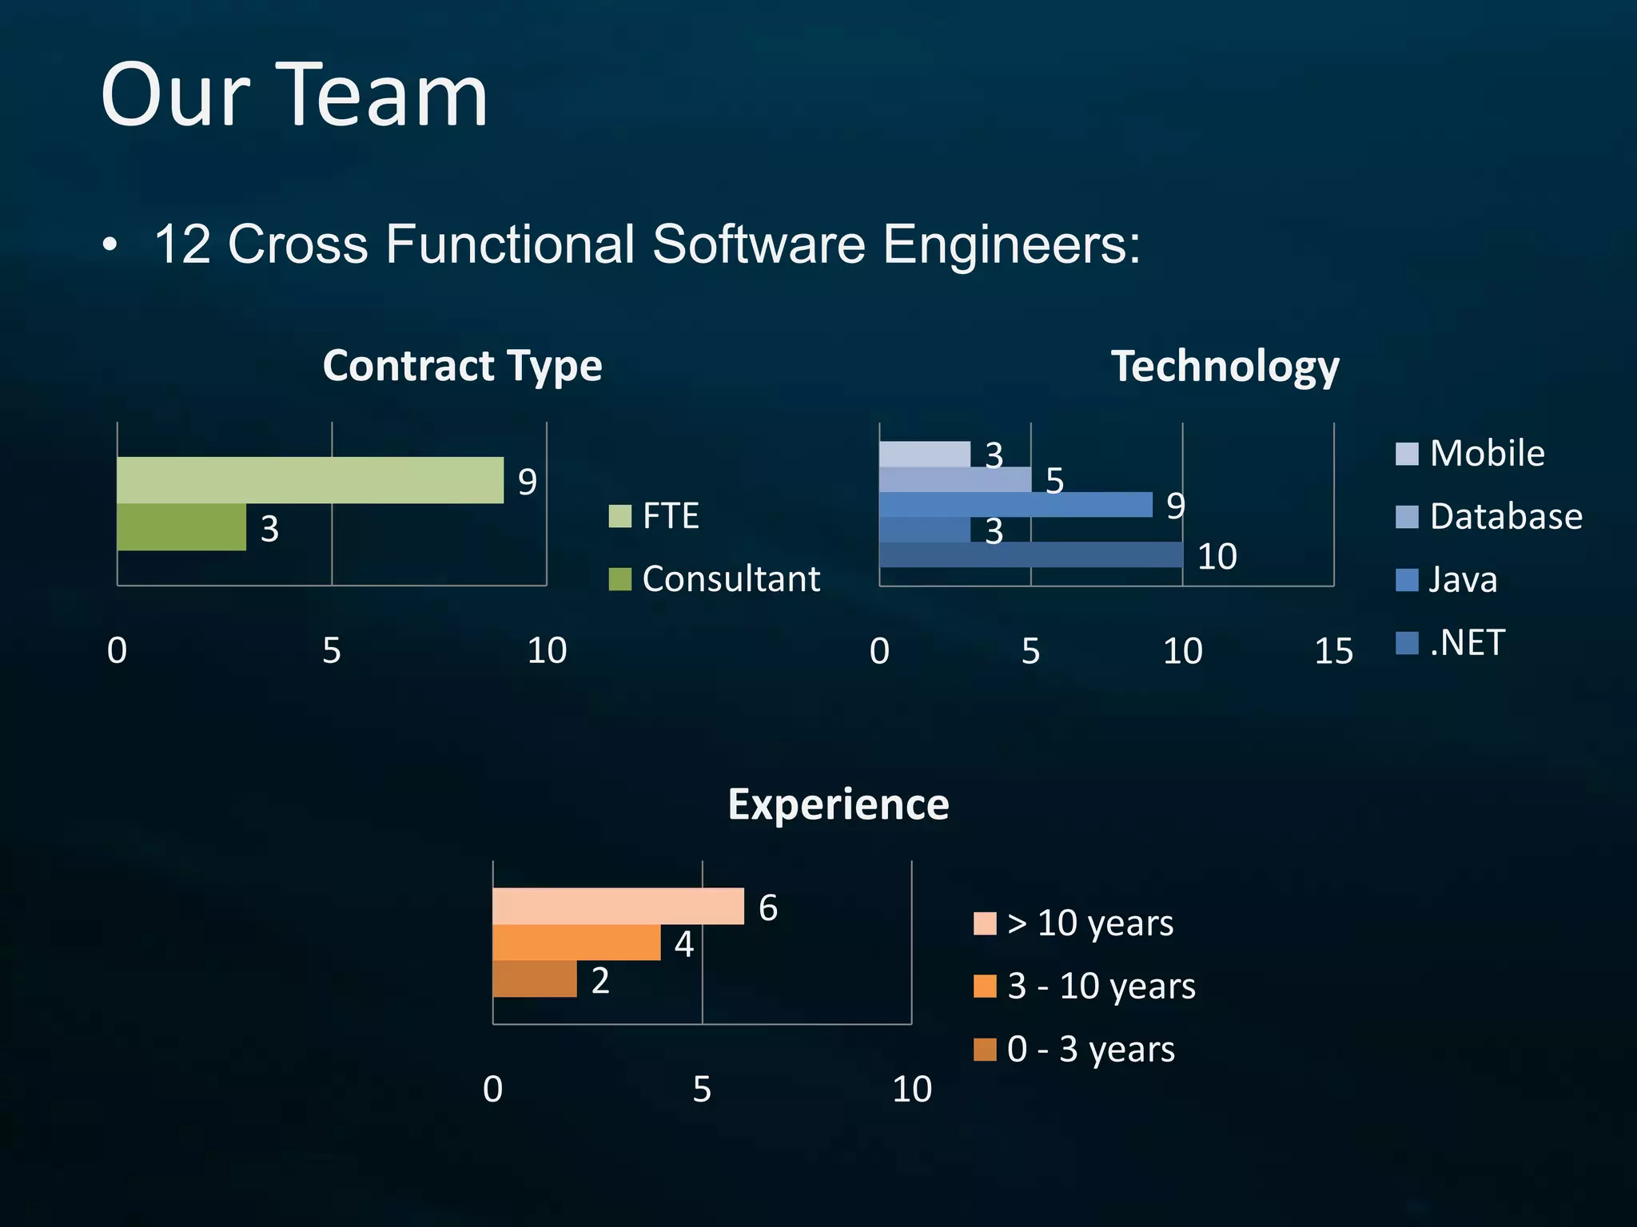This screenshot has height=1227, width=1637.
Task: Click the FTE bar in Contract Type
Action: [310, 480]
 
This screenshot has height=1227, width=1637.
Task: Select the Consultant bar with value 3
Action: [181, 527]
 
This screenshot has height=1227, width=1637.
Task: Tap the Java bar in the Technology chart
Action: [1015, 505]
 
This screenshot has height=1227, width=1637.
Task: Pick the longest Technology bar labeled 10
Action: [1030, 555]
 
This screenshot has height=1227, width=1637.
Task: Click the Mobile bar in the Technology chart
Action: [924, 455]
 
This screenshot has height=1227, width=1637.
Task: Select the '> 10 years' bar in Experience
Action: [618, 906]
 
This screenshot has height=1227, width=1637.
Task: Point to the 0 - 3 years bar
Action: [535, 979]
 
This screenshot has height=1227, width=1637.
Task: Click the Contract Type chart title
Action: [462, 366]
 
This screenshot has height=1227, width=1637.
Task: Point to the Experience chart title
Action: [838, 804]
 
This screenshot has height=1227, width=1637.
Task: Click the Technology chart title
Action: [1225, 367]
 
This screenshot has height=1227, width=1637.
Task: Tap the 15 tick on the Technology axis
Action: [1333, 652]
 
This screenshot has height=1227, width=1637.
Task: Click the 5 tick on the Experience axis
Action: [702, 1090]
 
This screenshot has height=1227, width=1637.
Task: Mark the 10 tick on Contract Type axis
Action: [547, 651]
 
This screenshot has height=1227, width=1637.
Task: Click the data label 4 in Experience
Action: [683, 944]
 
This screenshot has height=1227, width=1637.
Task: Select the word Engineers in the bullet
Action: [1011, 244]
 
